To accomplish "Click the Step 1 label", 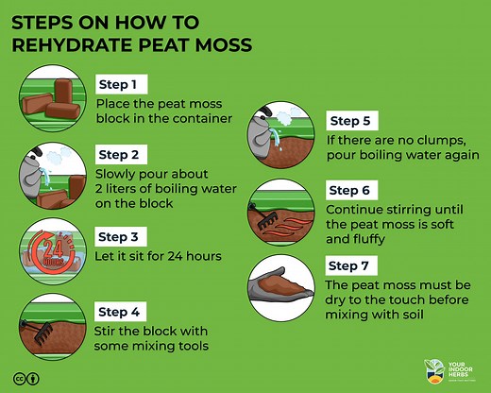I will [122, 84].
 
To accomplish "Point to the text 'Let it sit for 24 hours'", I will [158, 257].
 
